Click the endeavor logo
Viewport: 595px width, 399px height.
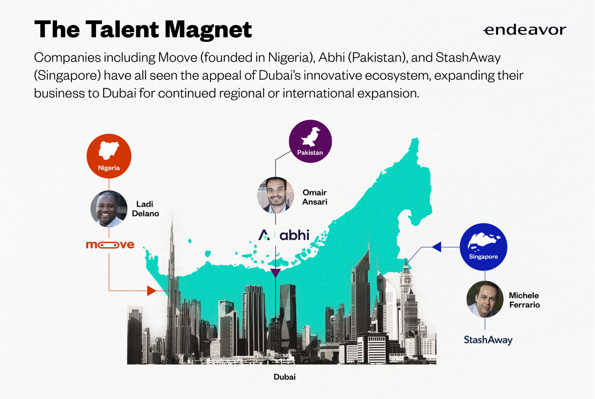525,30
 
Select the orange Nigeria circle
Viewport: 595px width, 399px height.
109,156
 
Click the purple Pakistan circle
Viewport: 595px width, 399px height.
310,141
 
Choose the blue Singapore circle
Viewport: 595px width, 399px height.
483,247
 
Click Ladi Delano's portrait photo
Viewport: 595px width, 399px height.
109,209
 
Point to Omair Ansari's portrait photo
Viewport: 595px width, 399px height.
275,195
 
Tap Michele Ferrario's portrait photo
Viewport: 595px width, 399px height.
485,299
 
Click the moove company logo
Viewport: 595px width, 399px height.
110,245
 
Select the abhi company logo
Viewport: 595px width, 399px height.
284,235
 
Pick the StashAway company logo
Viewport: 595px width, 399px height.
488,340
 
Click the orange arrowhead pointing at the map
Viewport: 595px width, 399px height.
152,291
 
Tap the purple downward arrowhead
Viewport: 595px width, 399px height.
275,273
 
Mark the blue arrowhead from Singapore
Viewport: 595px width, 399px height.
437,247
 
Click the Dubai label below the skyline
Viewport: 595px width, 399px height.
285,377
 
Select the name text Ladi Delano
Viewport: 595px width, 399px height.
145,209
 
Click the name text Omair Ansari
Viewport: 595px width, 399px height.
315,197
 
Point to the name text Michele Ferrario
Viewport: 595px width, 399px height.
524,300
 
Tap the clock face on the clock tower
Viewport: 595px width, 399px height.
406,280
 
